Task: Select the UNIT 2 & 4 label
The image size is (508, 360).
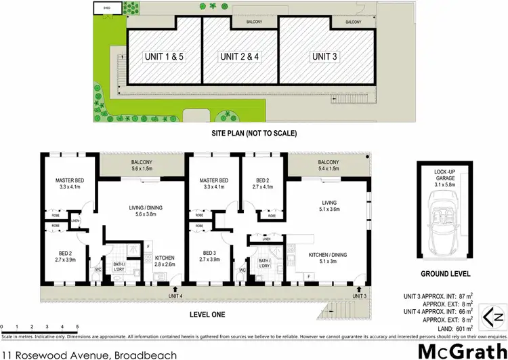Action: pyautogui.click(x=239, y=56)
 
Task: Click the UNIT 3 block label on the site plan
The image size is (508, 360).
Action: pyautogui.click(x=324, y=56)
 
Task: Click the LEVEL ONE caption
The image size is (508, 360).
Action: pyautogui.click(x=207, y=315)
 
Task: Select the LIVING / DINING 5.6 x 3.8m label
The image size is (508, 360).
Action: pyautogui.click(x=140, y=212)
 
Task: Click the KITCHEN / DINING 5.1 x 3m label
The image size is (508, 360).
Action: pyautogui.click(x=327, y=258)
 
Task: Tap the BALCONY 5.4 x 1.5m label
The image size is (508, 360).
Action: pyautogui.click(x=328, y=166)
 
